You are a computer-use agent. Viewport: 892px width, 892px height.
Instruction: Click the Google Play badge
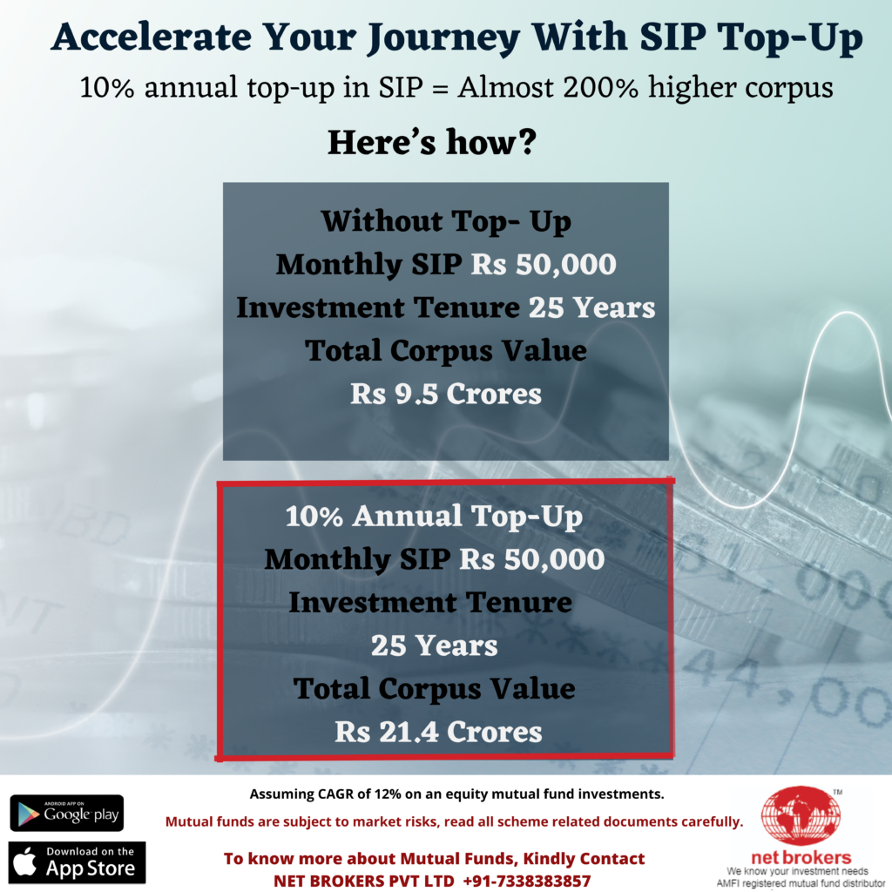click(x=66, y=813)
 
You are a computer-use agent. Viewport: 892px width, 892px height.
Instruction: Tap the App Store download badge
click(x=77, y=862)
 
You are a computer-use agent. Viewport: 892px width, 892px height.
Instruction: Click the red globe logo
click(x=801, y=815)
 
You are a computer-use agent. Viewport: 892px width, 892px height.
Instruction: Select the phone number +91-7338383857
click(x=527, y=881)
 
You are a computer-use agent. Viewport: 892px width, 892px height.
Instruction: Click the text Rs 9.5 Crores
click(x=445, y=394)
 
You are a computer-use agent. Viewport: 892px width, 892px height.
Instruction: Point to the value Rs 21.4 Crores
click(x=438, y=732)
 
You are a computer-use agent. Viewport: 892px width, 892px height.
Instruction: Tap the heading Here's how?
click(x=432, y=142)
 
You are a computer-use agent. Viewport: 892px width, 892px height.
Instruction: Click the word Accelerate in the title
click(x=151, y=37)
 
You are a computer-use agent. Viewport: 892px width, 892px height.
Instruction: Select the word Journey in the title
click(x=443, y=38)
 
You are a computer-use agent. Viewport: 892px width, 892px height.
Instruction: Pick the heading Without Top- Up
click(x=446, y=220)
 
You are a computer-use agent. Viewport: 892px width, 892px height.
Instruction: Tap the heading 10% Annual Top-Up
click(x=434, y=517)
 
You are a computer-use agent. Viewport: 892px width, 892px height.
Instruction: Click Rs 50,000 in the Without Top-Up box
click(x=544, y=265)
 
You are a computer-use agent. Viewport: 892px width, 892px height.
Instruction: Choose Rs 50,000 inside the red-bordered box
click(x=532, y=560)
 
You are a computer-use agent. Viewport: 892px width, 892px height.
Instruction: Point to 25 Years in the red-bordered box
click(x=434, y=645)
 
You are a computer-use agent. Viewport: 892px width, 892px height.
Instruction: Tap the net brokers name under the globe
click(x=801, y=857)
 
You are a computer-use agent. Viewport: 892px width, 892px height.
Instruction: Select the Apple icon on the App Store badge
click(x=25, y=862)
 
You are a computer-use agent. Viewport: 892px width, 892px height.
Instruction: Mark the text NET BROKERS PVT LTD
click(x=364, y=881)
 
